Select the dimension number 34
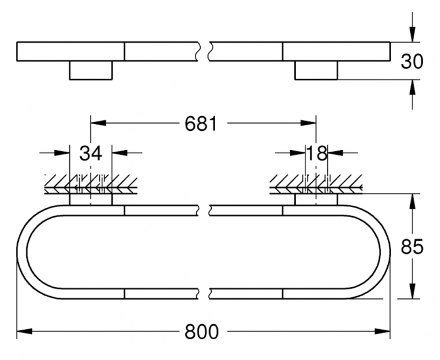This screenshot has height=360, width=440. point(91,153)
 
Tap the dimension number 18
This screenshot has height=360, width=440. point(316,153)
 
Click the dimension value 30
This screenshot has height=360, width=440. point(412,61)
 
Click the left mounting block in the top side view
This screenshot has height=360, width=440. point(91,70)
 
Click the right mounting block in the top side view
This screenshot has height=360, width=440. point(316,70)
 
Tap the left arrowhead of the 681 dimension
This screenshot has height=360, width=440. point(97,124)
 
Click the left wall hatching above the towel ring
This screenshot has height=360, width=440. point(91,183)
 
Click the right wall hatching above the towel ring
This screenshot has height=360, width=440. point(316,183)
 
